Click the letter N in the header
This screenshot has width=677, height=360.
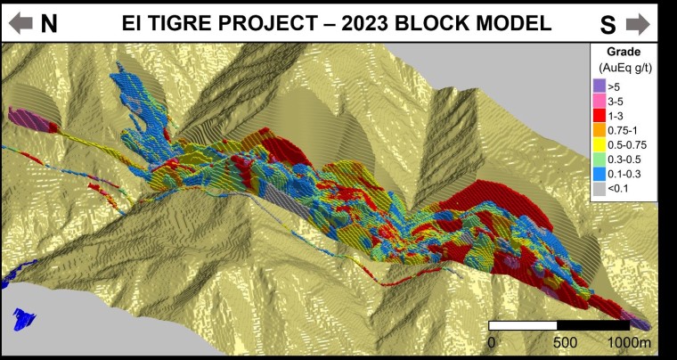coord(49,23)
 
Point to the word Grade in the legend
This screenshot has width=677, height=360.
coord(624,52)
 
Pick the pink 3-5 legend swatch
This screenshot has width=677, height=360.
coord(600,101)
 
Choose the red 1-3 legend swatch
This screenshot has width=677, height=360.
coord(600,116)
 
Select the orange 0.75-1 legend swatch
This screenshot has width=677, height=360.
coord(600,131)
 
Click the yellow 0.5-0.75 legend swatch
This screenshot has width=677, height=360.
coord(600,146)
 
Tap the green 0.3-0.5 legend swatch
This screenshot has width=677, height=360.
coord(600,160)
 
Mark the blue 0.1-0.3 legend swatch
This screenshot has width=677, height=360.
coord(600,176)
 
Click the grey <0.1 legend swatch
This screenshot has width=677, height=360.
coord(600,190)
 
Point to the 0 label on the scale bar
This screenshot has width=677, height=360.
coord(492,342)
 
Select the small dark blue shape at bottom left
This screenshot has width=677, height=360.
coord(24,318)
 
